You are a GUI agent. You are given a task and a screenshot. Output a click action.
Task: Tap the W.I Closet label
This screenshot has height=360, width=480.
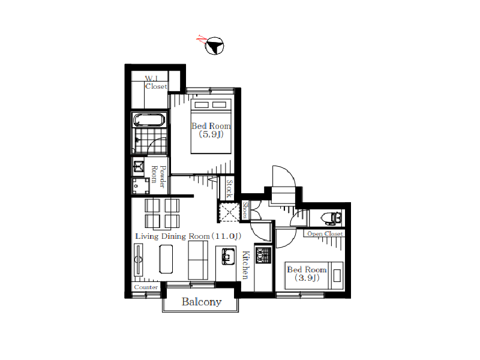(x=156, y=83)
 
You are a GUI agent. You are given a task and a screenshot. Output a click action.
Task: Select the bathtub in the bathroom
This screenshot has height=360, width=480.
(x=149, y=120)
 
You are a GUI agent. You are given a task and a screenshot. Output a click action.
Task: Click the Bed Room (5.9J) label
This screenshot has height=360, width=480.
(x=211, y=130)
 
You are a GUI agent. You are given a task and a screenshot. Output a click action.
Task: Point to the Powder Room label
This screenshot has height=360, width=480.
(x=158, y=176)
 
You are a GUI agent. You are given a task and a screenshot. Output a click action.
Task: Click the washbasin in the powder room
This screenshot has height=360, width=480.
(x=139, y=166)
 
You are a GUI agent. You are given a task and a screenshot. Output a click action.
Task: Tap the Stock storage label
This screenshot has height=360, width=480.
(x=229, y=188)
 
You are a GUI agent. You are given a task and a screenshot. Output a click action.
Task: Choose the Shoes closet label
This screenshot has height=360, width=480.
(x=245, y=210)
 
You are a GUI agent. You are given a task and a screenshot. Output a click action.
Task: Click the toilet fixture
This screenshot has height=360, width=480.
(x=331, y=218)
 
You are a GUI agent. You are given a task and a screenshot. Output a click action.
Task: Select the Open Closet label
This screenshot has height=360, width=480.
(x=325, y=233)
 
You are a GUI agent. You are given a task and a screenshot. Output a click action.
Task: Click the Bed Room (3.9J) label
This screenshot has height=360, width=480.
(x=307, y=274)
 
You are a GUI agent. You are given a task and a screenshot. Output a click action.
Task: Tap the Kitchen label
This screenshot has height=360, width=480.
(x=245, y=265)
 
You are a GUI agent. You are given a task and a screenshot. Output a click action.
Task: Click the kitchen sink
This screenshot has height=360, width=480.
(x=228, y=256)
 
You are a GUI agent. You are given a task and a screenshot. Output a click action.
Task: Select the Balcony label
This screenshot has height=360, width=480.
(x=202, y=302)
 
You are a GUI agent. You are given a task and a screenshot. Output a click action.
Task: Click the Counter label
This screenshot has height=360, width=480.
(x=146, y=287)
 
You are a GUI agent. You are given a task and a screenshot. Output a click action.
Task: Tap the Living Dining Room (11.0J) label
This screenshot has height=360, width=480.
(x=188, y=236)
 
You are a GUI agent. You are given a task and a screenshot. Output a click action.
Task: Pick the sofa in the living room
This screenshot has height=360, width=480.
(x=198, y=260)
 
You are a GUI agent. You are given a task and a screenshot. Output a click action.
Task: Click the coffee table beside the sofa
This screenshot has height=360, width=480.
(x=166, y=259)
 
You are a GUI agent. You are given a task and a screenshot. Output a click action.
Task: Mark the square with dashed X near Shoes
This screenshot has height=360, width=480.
(x=229, y=212)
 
